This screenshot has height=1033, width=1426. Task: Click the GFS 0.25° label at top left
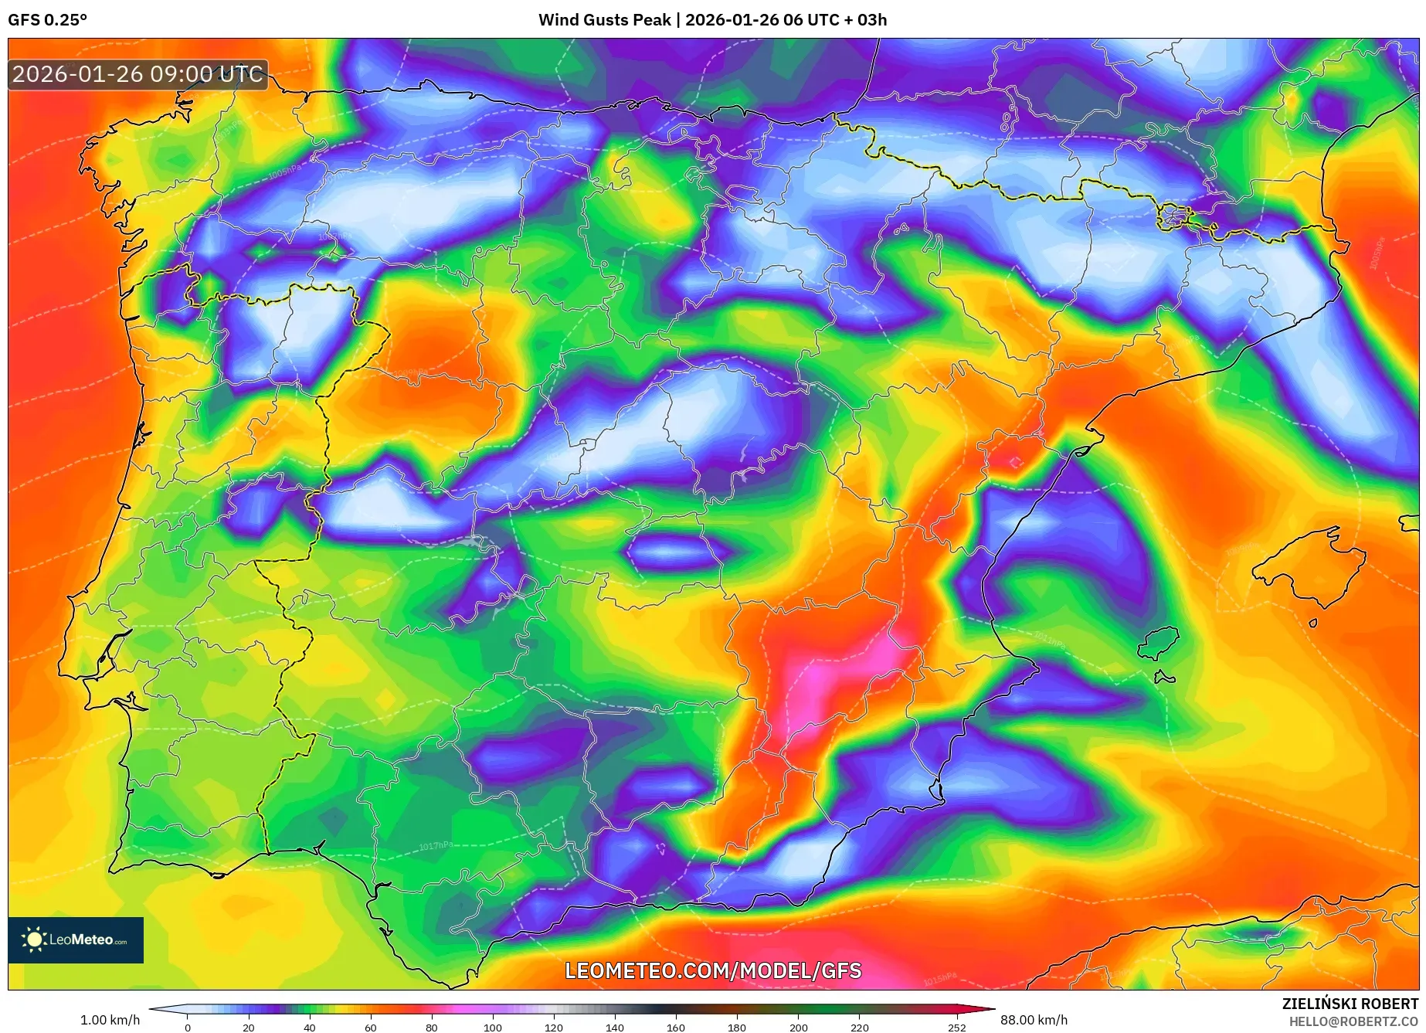[x=47, y=20]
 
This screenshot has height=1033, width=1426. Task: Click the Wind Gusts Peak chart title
[x=712, y=20]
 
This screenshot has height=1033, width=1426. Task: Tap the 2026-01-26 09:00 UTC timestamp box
[x=138, y=74]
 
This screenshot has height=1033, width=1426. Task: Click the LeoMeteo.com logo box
[x=76, y=940]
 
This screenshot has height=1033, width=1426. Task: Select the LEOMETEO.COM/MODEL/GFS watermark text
[x=712, y=970]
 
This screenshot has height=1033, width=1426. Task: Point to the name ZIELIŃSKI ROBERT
[x=1350, y=1004]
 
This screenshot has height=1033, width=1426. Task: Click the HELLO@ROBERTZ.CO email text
[x=1353, y=1021]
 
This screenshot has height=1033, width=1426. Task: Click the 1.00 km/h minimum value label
[x=110, y=1020]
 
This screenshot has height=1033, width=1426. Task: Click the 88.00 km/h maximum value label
[x=1034, y=1020]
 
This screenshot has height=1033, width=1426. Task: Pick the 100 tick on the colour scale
[x=493, y=1028]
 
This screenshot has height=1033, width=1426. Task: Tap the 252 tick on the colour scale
[x=957, y=1028]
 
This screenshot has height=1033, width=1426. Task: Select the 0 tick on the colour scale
[x=188, y=1028]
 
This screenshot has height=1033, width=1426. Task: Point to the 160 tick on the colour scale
[x=676, y=1028]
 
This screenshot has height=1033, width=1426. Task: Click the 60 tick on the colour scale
[x=371, y=1028]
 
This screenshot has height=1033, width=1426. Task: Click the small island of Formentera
[x=1164, y=678]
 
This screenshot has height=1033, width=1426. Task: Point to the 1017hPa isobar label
[x=436, y=846]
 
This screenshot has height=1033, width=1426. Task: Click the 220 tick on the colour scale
[x=859, y=1028]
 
